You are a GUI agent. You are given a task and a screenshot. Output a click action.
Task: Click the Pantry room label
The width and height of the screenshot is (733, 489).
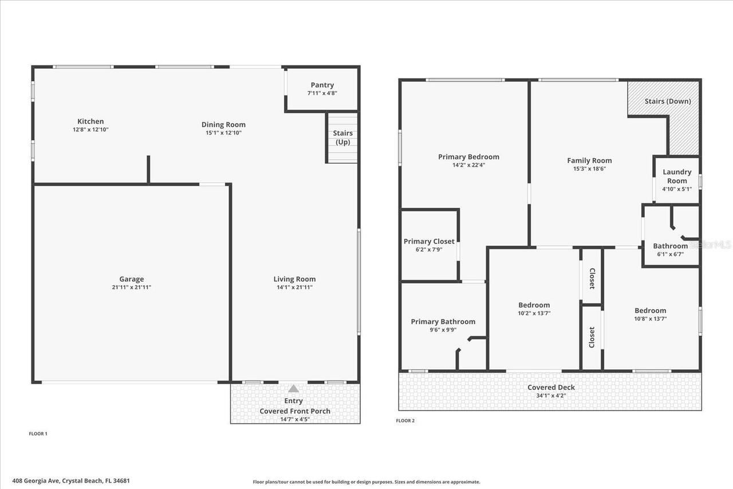click(322, 85)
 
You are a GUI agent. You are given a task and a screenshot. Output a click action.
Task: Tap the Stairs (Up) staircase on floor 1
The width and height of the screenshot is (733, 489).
click(342, 138)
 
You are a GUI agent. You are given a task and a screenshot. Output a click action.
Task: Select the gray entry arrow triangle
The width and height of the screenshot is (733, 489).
click(293, 388)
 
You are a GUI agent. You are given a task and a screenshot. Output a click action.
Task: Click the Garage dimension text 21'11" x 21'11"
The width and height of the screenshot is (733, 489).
click(132, 287)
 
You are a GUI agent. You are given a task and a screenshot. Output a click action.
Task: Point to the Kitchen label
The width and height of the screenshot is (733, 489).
click(90, 121)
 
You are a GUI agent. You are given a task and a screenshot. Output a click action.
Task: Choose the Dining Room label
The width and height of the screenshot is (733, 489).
click(223, 125)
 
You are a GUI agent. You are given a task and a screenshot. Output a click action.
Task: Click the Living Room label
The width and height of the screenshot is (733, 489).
click(294, 279)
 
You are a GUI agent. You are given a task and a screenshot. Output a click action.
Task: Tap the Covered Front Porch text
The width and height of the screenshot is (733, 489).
click(295, 411)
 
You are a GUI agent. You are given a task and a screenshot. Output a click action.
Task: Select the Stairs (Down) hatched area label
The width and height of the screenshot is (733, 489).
click(668, 101)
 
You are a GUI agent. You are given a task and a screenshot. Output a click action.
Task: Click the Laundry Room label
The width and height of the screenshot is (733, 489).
click(677, 176)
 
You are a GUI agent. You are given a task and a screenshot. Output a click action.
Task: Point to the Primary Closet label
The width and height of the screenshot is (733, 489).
click(429, 242)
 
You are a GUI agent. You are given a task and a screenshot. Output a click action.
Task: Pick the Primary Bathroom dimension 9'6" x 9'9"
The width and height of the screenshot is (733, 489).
click(443, 330)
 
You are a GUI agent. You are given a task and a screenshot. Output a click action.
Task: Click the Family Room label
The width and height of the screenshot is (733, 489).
click(589, 161)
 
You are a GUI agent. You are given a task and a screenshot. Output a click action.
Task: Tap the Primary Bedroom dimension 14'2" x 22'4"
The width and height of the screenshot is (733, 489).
click(468, 165)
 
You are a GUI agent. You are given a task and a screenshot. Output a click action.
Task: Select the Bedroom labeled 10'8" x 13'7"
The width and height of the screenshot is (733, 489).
click(650, 311)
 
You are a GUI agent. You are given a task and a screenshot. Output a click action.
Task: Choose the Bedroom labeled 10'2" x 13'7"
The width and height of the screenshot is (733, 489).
click(534, 305)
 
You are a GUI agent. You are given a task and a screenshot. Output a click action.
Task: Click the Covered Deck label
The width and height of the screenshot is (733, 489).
click(551, 388)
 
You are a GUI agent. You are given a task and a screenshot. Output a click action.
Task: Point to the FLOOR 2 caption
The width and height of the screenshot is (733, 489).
click(405, 421)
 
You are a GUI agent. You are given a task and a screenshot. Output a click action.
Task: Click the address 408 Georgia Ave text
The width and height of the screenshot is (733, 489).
click(71, 481)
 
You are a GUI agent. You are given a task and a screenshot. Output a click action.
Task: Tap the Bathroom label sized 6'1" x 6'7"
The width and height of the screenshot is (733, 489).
click(670, 246)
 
